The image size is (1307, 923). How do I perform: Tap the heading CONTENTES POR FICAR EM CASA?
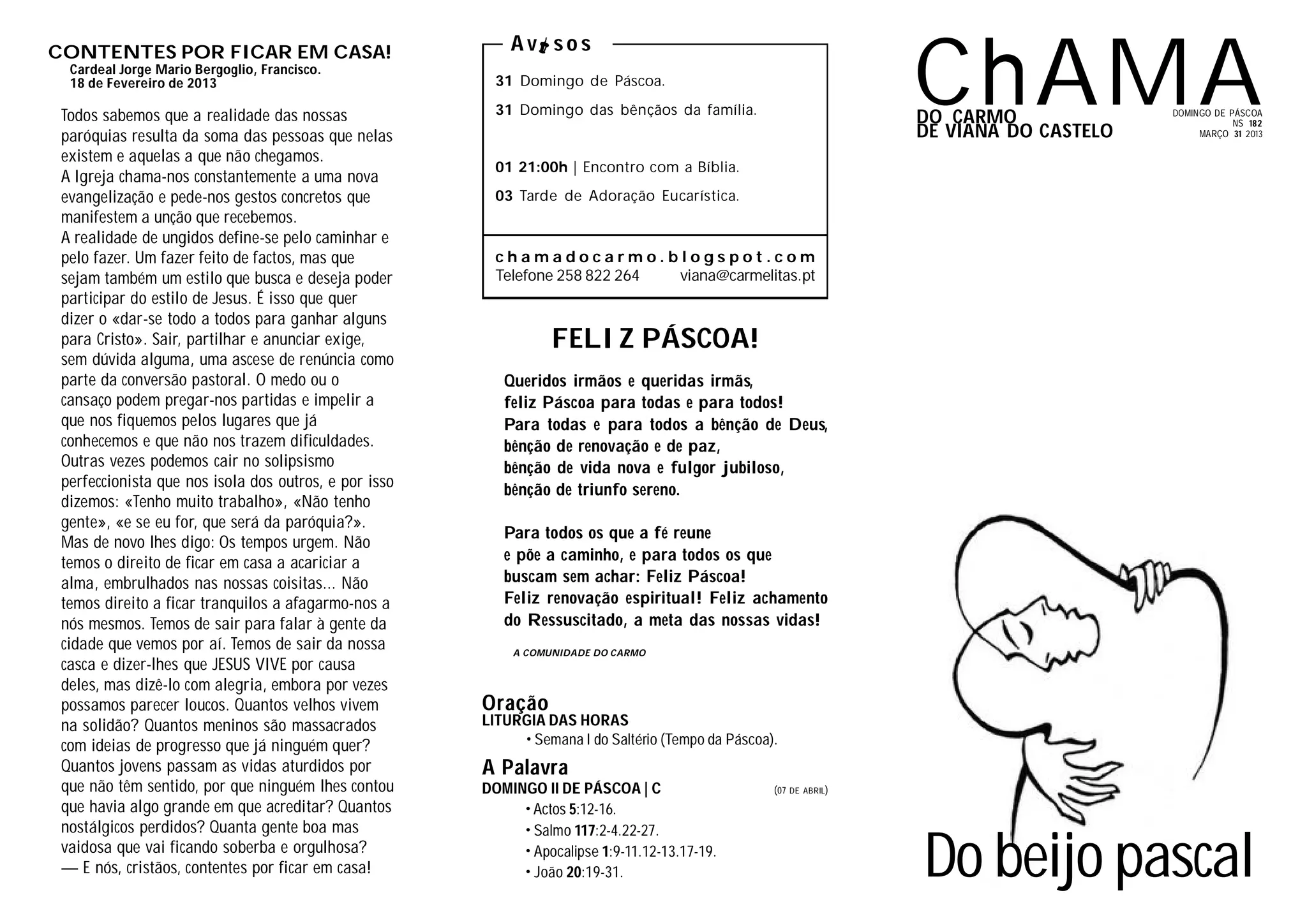click(x=220, y=52)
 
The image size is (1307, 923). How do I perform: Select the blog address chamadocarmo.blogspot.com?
click(x=655, y=257)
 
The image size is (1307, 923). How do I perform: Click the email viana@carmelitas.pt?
click(x=747, y=276)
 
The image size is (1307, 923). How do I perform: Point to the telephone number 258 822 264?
click(x=597, y=276)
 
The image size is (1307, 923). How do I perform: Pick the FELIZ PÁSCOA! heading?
click(x=655, y=339)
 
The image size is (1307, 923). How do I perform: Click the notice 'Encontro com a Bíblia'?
click(x=661, y=168)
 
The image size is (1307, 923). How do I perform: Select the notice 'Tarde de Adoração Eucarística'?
click(x=629, y=196)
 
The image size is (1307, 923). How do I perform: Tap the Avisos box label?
click(x=551, y=44)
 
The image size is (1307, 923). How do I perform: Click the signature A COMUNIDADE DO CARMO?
click(x=579, y=653)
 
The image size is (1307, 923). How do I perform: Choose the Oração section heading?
click(x=515, y=703)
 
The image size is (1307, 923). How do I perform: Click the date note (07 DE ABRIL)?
click(x=800, y=791)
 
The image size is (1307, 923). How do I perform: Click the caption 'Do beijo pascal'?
click(x=1088, y=857)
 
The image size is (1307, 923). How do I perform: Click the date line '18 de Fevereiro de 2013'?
click(x=143, y=84)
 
